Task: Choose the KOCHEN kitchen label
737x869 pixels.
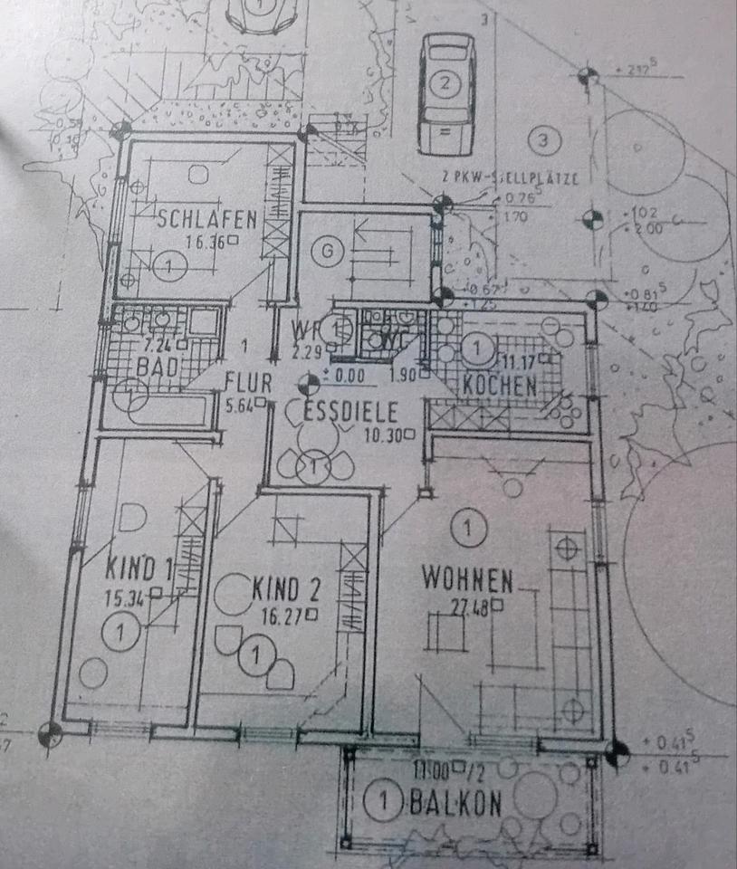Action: [x=500, y=384]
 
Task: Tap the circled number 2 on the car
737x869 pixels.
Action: [x=445, y=85]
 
